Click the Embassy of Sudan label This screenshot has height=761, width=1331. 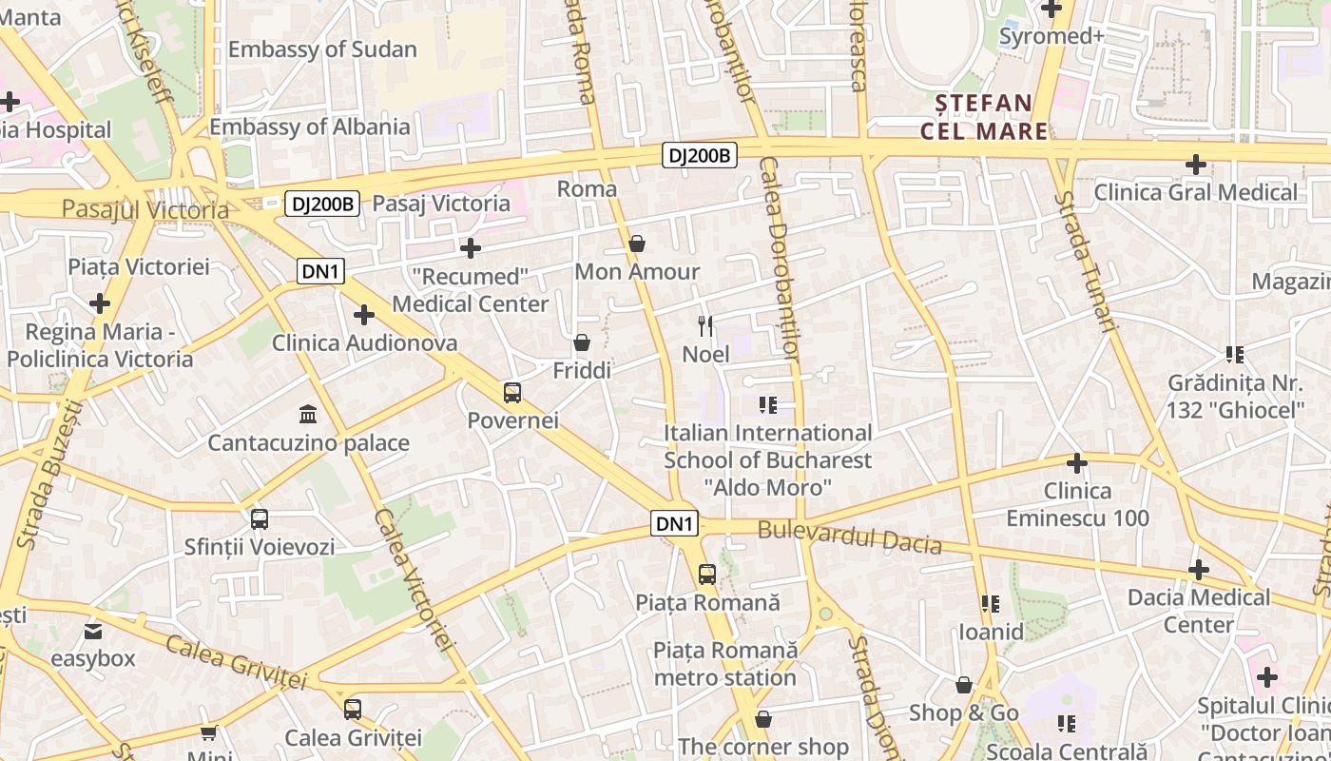coord(322,49)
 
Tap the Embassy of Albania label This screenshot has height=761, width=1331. coord(310,127)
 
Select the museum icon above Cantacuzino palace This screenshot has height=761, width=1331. coord(308,415)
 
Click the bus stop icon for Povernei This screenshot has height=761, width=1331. coord(512,392)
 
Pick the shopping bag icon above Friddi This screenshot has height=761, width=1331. coord(582,342)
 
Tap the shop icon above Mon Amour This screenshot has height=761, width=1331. coord(637,244)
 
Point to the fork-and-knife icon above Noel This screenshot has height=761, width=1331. coord(705,326)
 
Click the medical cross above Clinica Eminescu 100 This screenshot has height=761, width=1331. coord(1077,463)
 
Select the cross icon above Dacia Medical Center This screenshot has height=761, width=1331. coord(1199,570)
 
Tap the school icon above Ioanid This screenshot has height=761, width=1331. coord(991,604)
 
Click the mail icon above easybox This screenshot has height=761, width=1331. coord(93,631)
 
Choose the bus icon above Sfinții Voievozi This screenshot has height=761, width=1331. coord(260,519)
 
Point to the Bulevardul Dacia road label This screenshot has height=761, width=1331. coord(849,537)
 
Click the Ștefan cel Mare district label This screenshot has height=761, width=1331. coord(983,116)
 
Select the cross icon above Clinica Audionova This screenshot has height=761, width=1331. coord(364,315)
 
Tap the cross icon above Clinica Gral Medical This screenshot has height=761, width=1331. coord(1195,165)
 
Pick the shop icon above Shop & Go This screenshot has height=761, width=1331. coord(964,685)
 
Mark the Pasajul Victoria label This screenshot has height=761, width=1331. coord(145,209)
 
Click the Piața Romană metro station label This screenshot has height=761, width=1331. coord(724,664)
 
